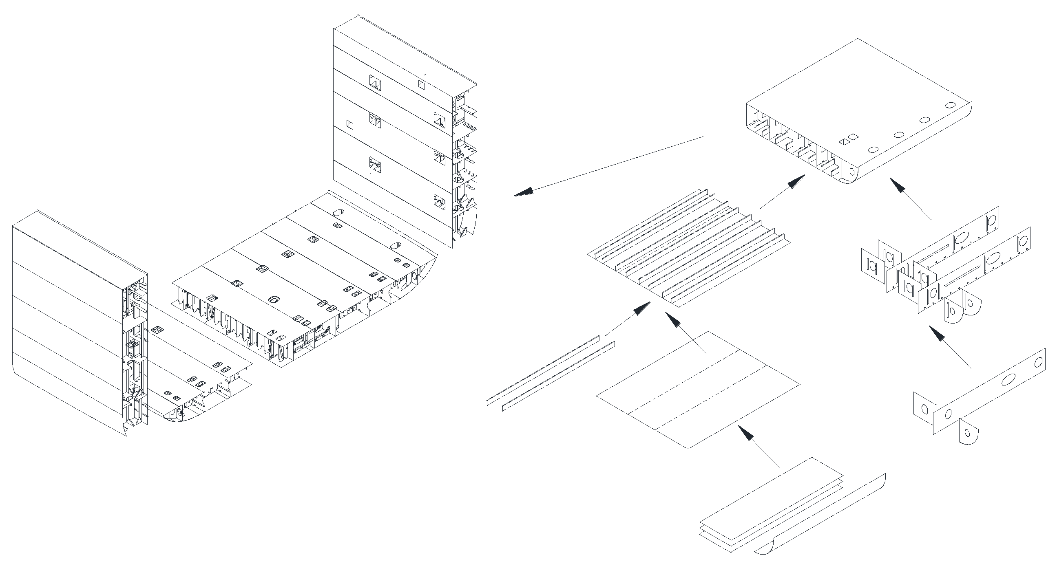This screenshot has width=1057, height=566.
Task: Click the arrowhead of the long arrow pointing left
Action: click(x=524, y=192)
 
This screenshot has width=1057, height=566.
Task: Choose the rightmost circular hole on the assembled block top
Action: click(x=949, y=105)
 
